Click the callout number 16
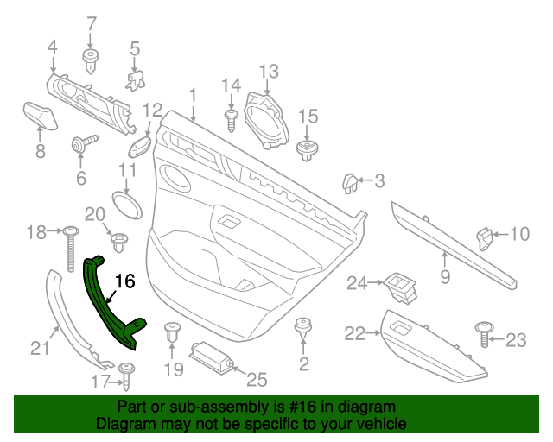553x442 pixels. [125, 281]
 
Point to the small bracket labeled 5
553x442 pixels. [134, 79]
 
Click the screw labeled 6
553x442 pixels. [85, 143]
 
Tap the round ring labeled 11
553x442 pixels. [128, 204]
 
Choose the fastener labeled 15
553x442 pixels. [307, 148]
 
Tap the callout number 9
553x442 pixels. [446, 277]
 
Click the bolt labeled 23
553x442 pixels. [484, 332]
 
